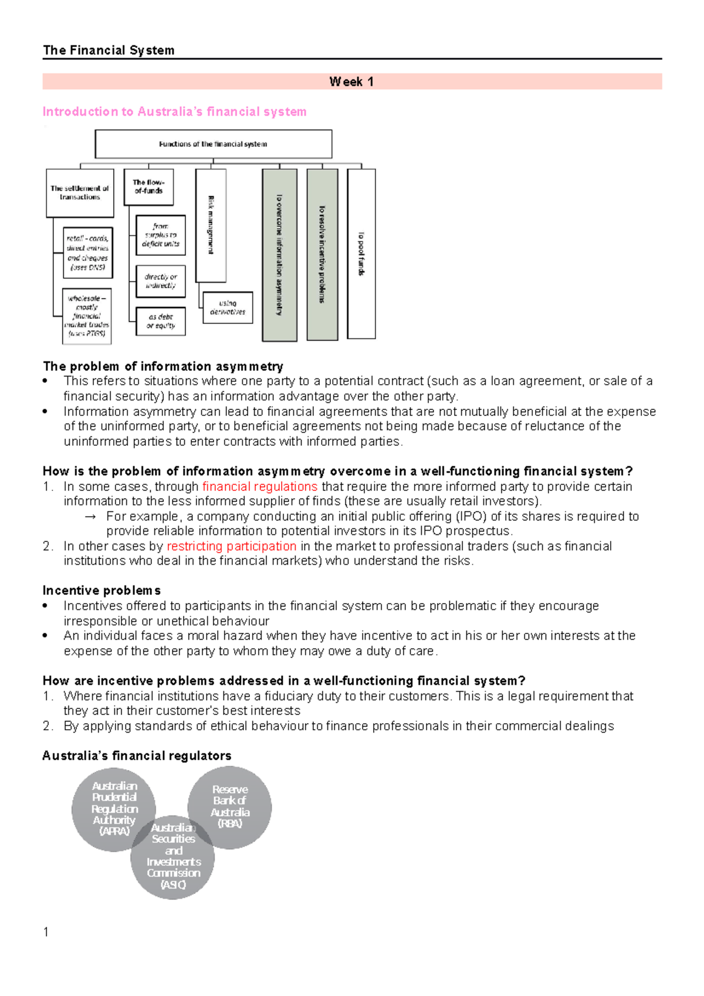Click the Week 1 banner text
(351, 82)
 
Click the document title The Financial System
(109, 50)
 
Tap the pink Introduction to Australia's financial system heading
(174, 111)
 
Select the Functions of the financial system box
(213, 144)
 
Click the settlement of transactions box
(80, 193)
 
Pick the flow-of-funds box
(148, 187)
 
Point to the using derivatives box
(228, 307)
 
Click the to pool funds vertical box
(361, 253)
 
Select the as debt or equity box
(161, 321)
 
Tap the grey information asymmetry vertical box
(279, 255)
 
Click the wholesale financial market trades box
(87, 316)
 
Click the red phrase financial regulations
(259, 486)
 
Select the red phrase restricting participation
(231, 546)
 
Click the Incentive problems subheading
(101, 591)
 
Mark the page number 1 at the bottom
(46, 932)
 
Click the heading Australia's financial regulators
(137, 756)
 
